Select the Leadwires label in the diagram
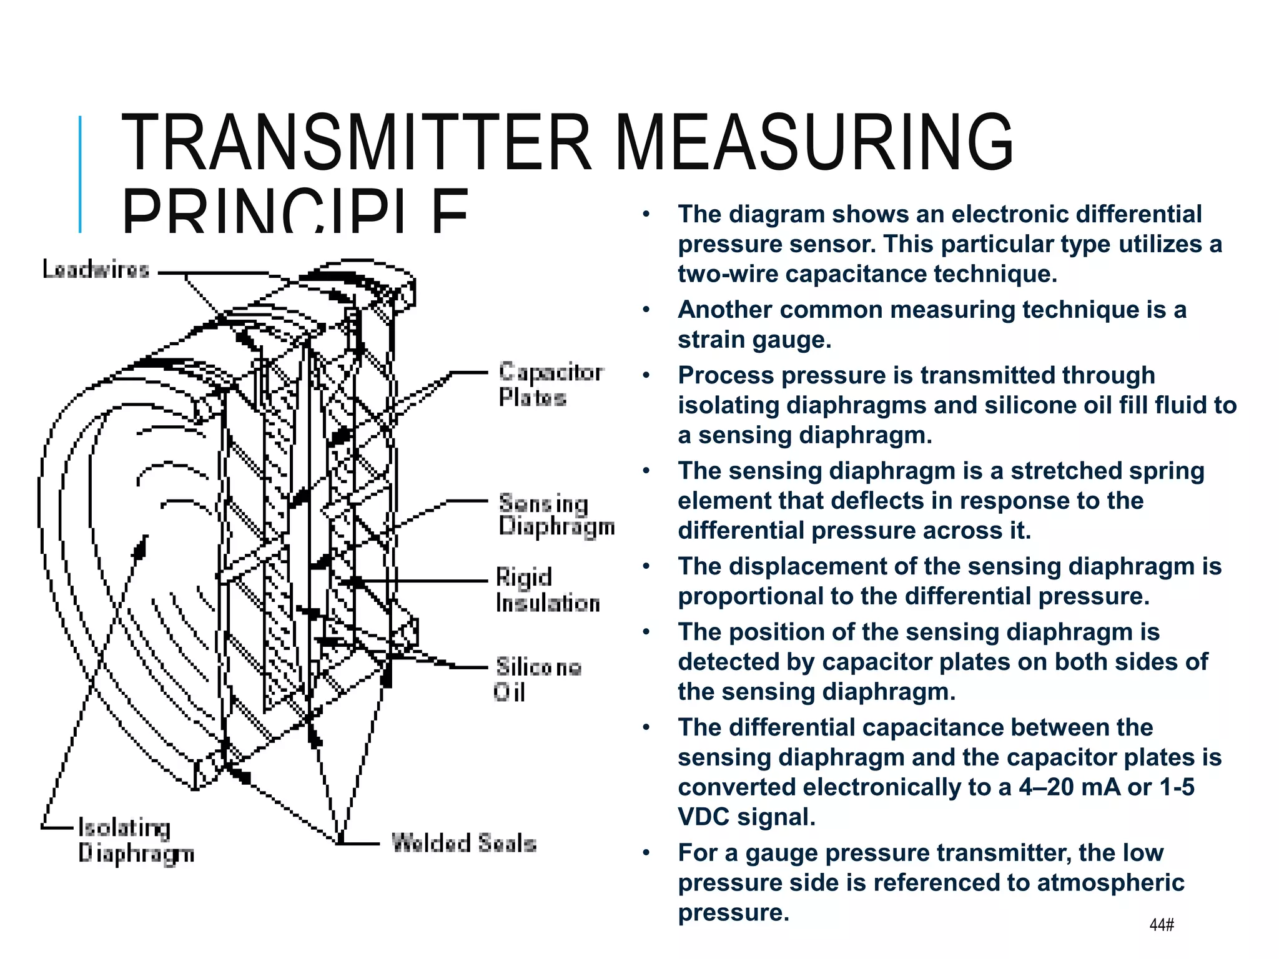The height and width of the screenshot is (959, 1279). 96,270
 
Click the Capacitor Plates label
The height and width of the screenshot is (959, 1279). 550,384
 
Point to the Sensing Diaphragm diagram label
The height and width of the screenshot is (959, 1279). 556,515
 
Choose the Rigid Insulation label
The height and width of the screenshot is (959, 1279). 547,591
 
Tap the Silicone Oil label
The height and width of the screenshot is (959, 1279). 537,679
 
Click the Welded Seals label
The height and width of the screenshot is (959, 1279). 463,843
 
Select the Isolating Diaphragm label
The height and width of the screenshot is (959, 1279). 135,840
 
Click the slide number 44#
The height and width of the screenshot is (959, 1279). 1162,925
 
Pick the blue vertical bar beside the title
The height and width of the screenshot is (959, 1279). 80,174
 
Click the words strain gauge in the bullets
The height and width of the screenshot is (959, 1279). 754,340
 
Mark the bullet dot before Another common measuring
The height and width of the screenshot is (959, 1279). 646,310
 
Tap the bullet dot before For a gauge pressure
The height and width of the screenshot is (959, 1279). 646,853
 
